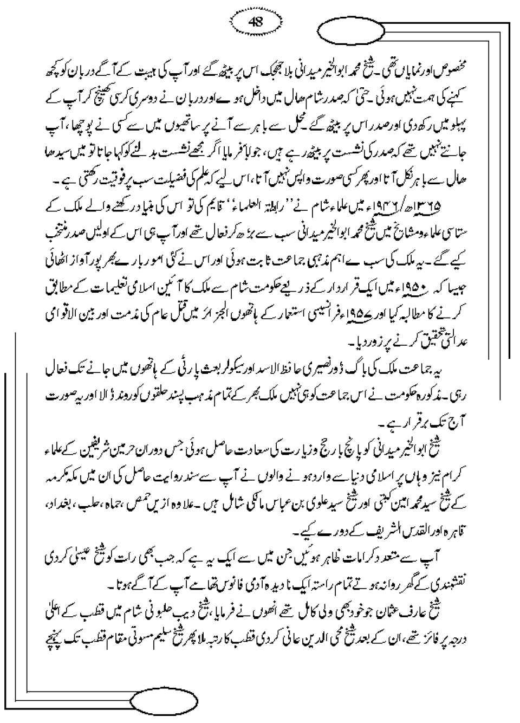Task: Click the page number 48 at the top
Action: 255,22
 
